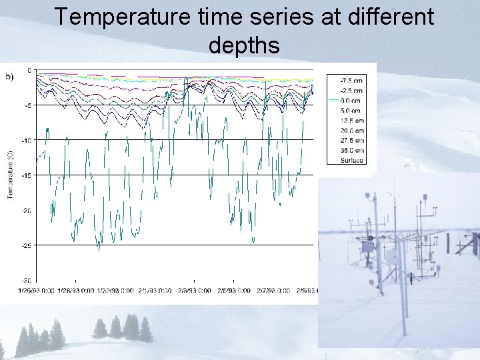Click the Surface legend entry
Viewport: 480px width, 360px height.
click(x=352, y=160)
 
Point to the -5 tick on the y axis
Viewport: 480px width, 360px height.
click(x=28, y=105)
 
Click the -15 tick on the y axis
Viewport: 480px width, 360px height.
click(x=27, y=175)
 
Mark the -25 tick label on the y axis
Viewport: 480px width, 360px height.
click(x=27, y=245)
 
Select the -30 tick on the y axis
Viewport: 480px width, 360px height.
click(x=27, y=280)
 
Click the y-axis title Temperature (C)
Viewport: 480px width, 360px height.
click(x=11, y=175)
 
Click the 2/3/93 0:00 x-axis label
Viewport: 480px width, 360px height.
click(x=192, y=291)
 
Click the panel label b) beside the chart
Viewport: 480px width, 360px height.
click(x=10, y=77)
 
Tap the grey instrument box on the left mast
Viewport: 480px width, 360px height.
click(x=367, y=247)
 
